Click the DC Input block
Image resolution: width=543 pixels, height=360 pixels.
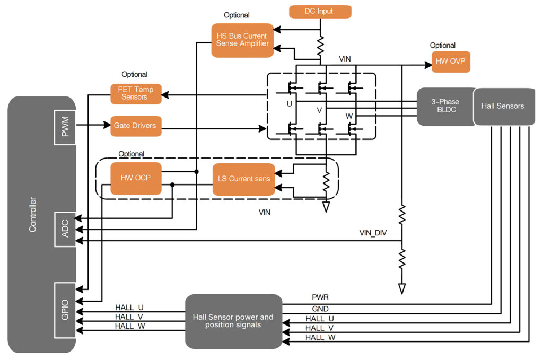click(x=320, y=11)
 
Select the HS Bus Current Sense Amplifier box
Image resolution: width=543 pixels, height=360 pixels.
click(x=242, y=40)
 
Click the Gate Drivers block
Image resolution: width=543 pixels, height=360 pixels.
click(x=136, y=126)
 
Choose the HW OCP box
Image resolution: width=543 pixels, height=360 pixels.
click(x=135, y=178)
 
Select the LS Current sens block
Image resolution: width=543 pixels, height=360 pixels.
click(x=244, y=179)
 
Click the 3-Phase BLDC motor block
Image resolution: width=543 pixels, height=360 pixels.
click(x=445, y=107)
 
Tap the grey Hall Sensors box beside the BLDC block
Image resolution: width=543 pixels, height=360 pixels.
click(x=503, y=106)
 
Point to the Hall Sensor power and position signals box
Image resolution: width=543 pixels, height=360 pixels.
click(x=233, y=321)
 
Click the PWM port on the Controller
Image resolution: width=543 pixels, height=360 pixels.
click(x=65, y=127)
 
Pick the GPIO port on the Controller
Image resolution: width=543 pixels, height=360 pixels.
click(x=65, y=311)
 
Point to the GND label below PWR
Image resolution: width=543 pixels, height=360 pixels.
click(x=320, y=309)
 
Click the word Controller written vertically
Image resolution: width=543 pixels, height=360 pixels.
click(x=33, y=214)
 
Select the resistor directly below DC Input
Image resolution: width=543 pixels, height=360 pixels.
click(x=320, y=46)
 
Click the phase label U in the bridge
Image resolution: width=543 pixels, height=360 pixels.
click(x=289, y=104)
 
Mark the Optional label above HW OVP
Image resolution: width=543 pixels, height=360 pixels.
click(x=442, y=46)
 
